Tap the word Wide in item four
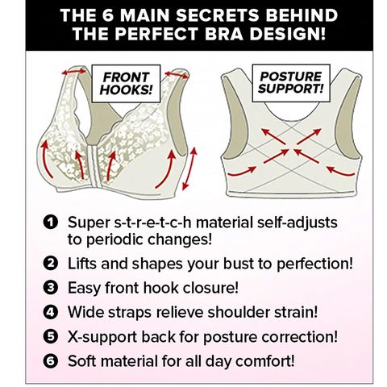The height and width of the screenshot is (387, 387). (86, 311)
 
